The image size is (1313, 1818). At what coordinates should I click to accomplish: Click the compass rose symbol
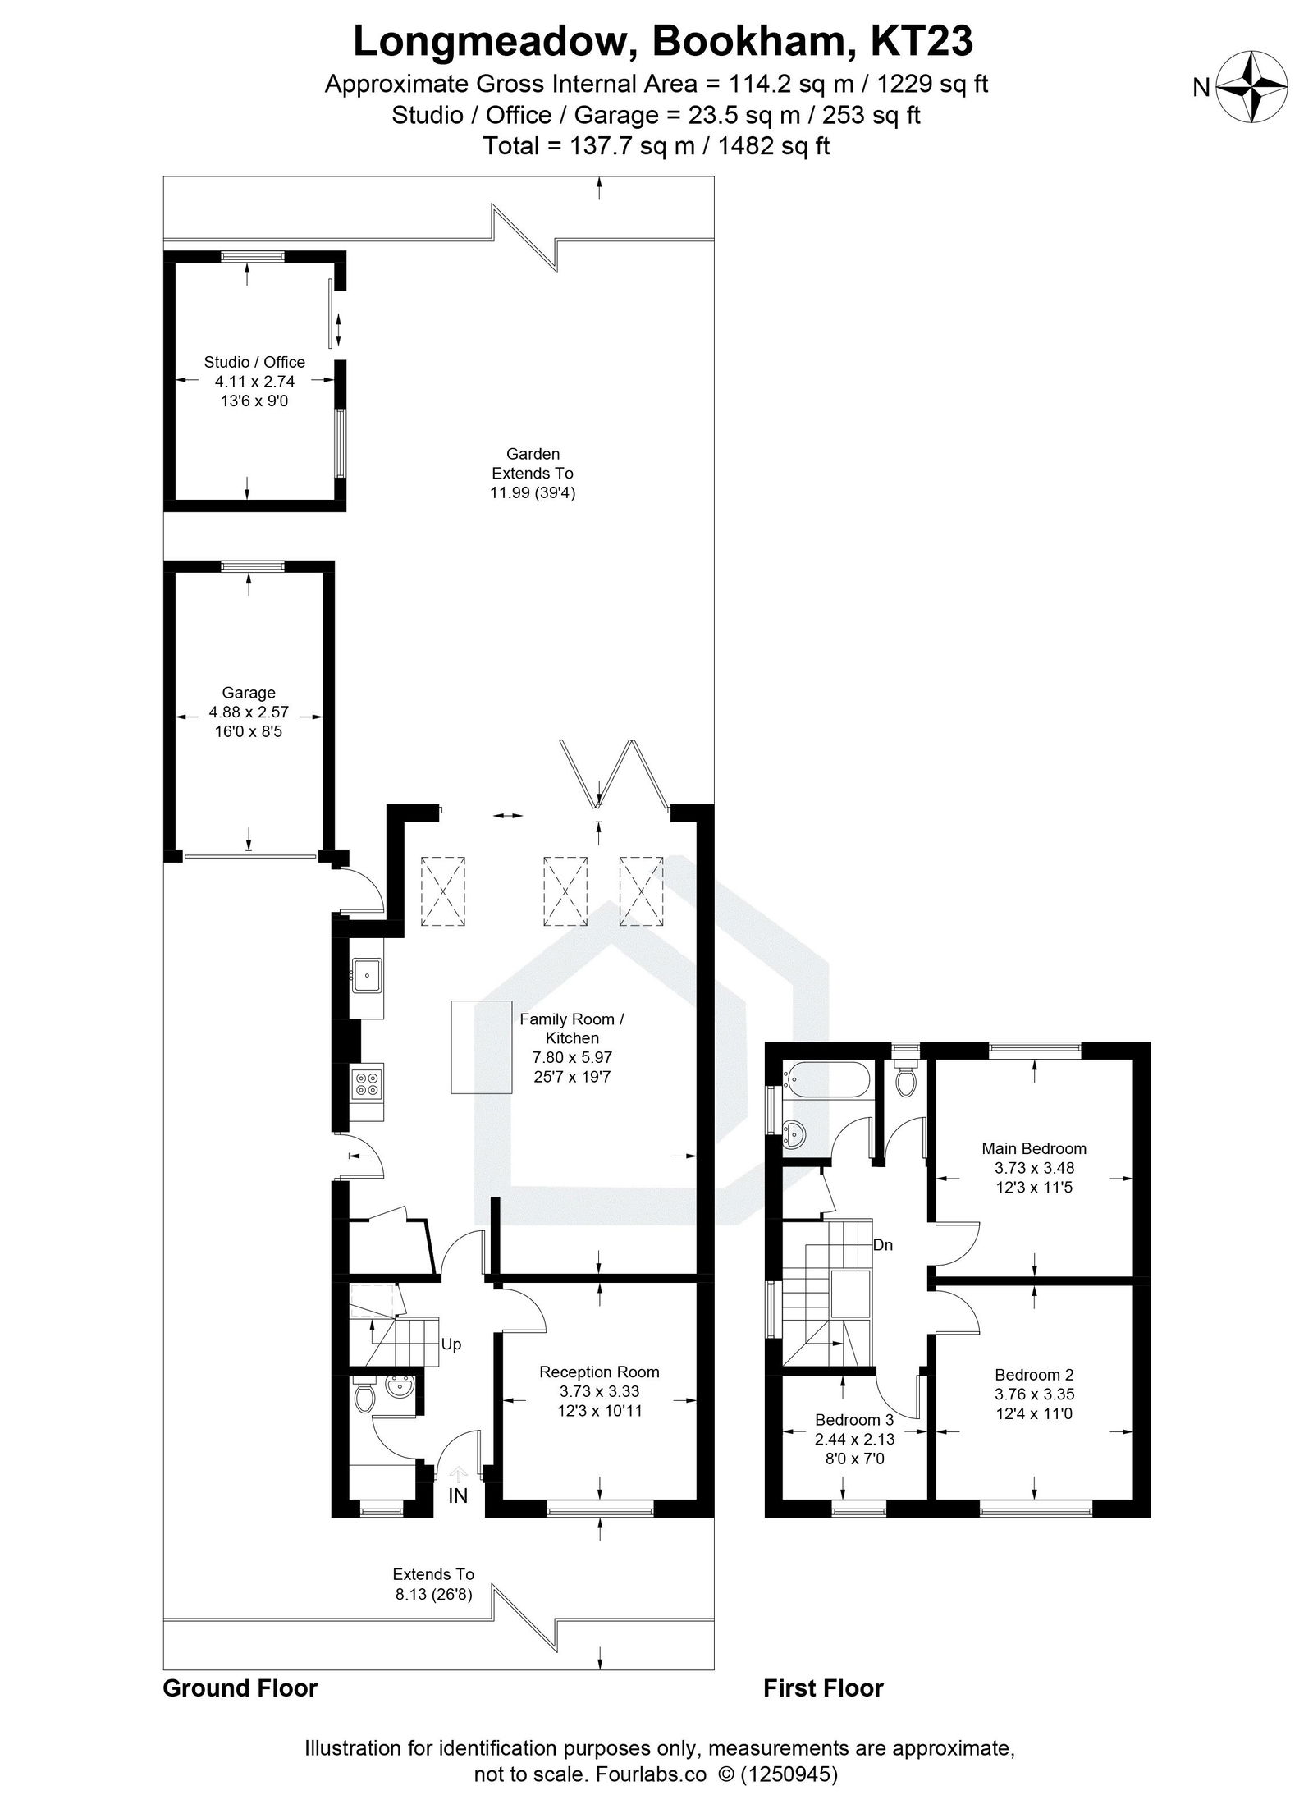pyautogui.click(x=1251, y=86)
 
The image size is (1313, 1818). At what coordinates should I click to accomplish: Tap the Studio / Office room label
pyautogui.click(x=254, y=362)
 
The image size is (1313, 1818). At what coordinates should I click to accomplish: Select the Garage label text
pyautogui.click(x=249, y=693)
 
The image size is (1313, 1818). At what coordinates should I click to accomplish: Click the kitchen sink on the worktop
pyautogui.click(x=367, y=977)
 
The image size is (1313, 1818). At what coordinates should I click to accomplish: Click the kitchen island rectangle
pyautogui.click(x=479, y=1046)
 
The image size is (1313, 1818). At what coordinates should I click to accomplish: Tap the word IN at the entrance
pyautogui.click(x=458, y=1495)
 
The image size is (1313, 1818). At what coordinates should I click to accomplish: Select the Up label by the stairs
pyautogui.click(x=451, y=1344)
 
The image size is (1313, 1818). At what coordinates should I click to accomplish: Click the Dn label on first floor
pyautogui.click(x=883, y=1245)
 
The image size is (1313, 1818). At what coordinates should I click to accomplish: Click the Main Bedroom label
pyautogui.click(x=1034, y=1148)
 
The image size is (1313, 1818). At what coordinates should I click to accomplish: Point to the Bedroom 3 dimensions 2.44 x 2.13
pyautogui.click(x=854, y=1439)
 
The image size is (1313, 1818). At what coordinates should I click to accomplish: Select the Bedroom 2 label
pyautogui.click(x=1034, y=1374)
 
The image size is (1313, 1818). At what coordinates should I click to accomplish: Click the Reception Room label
pyautogui.click(x=599, y=1372)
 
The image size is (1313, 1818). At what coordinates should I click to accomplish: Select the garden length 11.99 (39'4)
pyautogui.click(x=533, y=492)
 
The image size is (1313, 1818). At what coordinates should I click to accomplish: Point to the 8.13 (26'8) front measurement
pyautogui.click(x=433, y=1595)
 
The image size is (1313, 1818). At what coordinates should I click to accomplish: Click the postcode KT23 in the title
pyautogui.click(x=921, y=41)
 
